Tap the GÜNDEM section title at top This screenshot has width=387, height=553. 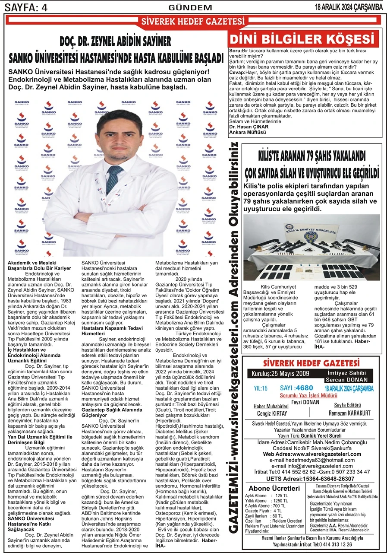pyautogui.click(x=190, y=7)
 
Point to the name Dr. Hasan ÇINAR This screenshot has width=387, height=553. pyautogui.click(x=249, y=127)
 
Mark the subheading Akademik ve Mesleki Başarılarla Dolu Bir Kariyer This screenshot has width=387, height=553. pyautogui.click(x=39, y=265)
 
